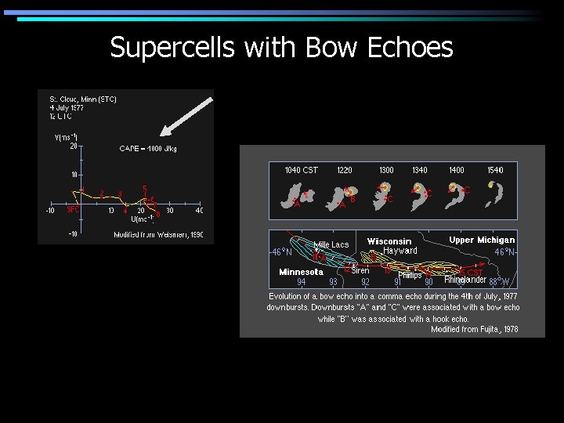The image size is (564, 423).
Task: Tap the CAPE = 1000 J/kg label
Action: (148, 149)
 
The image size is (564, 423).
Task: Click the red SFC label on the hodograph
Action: (73, 209)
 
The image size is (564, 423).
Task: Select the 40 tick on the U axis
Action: (199, 210)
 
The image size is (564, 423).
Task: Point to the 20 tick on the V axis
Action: (73, 146)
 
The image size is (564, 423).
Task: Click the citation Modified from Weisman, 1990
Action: (158, 235)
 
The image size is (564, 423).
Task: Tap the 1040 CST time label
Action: (301, 170)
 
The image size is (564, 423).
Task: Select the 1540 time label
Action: (494, 170)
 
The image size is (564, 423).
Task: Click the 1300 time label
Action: (386, 170)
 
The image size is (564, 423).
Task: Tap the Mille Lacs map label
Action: (331, 245)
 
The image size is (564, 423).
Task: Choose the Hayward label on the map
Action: (399, 251)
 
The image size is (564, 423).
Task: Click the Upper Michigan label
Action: (482, 240)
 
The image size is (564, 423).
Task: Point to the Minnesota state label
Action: (301, 272)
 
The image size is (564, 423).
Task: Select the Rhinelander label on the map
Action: (465, 280)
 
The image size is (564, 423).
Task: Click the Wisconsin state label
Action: (389, 240)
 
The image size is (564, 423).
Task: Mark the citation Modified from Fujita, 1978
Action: (474, 330)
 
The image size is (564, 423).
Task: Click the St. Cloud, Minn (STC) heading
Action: (83, 99)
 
